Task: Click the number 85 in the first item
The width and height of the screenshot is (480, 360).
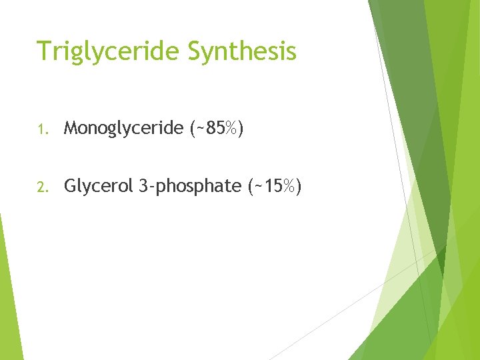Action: tap(215, 128)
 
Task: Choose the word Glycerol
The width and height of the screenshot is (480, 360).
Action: tap(99, 187)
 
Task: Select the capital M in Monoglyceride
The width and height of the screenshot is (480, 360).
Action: tap(71, 128)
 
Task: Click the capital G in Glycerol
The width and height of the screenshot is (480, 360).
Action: tap(70, 187)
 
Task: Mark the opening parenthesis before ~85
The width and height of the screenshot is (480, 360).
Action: tap(193, 129)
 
